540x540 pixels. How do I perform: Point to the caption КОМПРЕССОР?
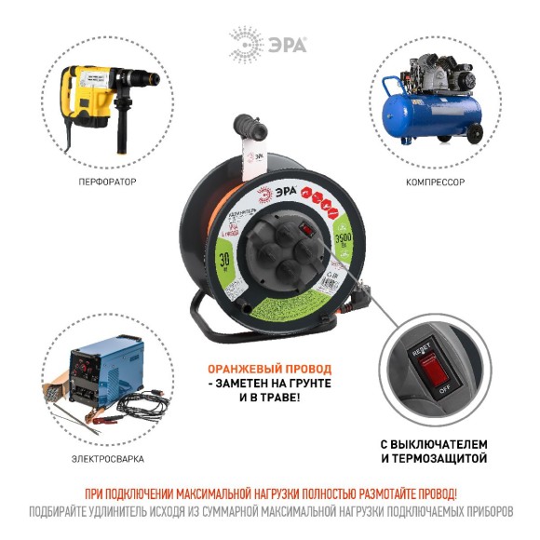[435, 182]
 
